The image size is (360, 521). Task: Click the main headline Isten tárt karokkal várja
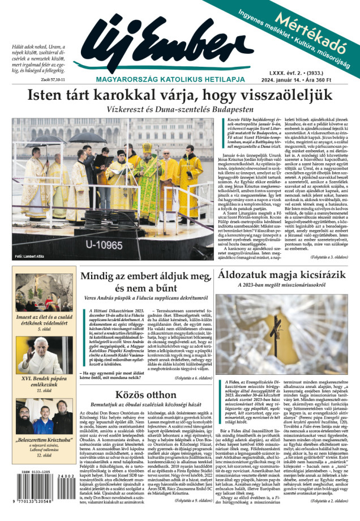tap(180, 94)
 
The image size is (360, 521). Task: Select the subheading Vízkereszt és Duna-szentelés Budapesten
tap(179, 109)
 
